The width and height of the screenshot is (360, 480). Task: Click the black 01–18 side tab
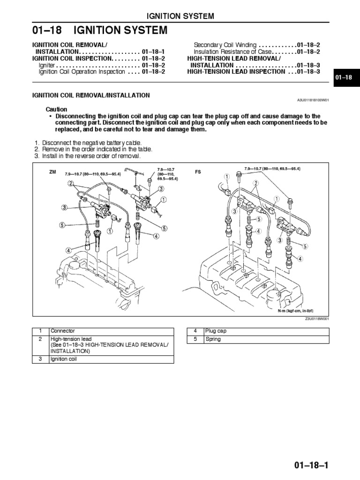tap(345, 77)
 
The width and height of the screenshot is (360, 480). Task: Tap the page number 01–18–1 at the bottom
tap(311, 465)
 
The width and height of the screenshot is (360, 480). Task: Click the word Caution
tap(56, 109)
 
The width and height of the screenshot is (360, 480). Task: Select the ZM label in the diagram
tap(52, 172)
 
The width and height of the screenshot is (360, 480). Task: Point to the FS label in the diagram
tap(198, 172)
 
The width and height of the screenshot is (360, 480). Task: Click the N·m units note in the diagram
tap(296, 311)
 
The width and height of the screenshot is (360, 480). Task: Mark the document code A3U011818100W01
tap(313, 100)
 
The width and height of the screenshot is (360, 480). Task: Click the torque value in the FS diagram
tap(272, 168)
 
